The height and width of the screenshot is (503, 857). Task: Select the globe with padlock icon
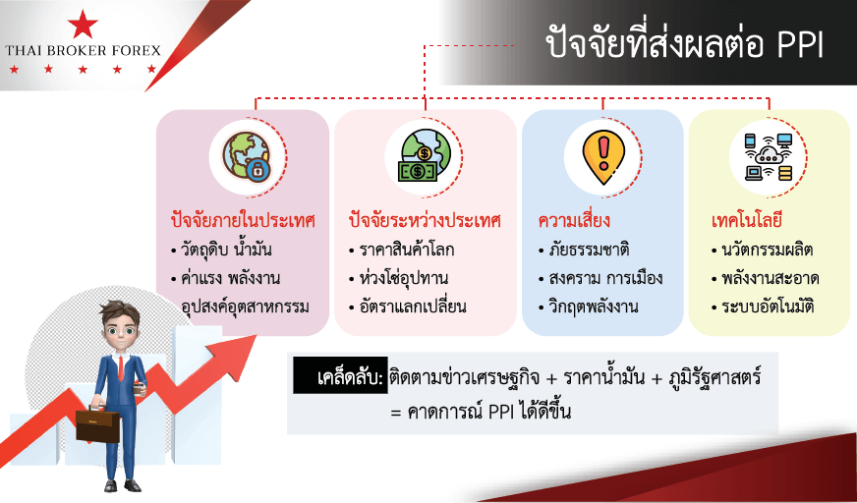pyautogui.click(x=246, y=156)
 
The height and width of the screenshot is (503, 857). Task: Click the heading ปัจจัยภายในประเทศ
pyautogui.click(x=243, y=222)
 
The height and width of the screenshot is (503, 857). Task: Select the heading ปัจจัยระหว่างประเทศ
pyautogui.click(x=425, y=222)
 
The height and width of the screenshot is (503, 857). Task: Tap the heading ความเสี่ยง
pyautogui.click(x=574, y=222)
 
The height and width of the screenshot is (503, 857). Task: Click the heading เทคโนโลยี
pyautogui.click(x=747, y=222)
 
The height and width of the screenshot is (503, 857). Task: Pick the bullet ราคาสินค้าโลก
pyautogui.click(x=402, y=251)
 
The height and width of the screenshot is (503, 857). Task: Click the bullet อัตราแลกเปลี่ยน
pyautogui.click(x=407, y=307)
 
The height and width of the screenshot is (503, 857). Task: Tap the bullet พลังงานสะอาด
pyautogui.click(x=766, y=279)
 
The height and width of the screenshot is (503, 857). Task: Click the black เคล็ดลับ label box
pyautogui.click(x=340, y=375)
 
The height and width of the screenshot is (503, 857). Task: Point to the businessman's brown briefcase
pyautogui.click(x=98, y=424)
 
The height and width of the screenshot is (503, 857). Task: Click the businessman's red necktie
pyautogui.click(x=121, y=368)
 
